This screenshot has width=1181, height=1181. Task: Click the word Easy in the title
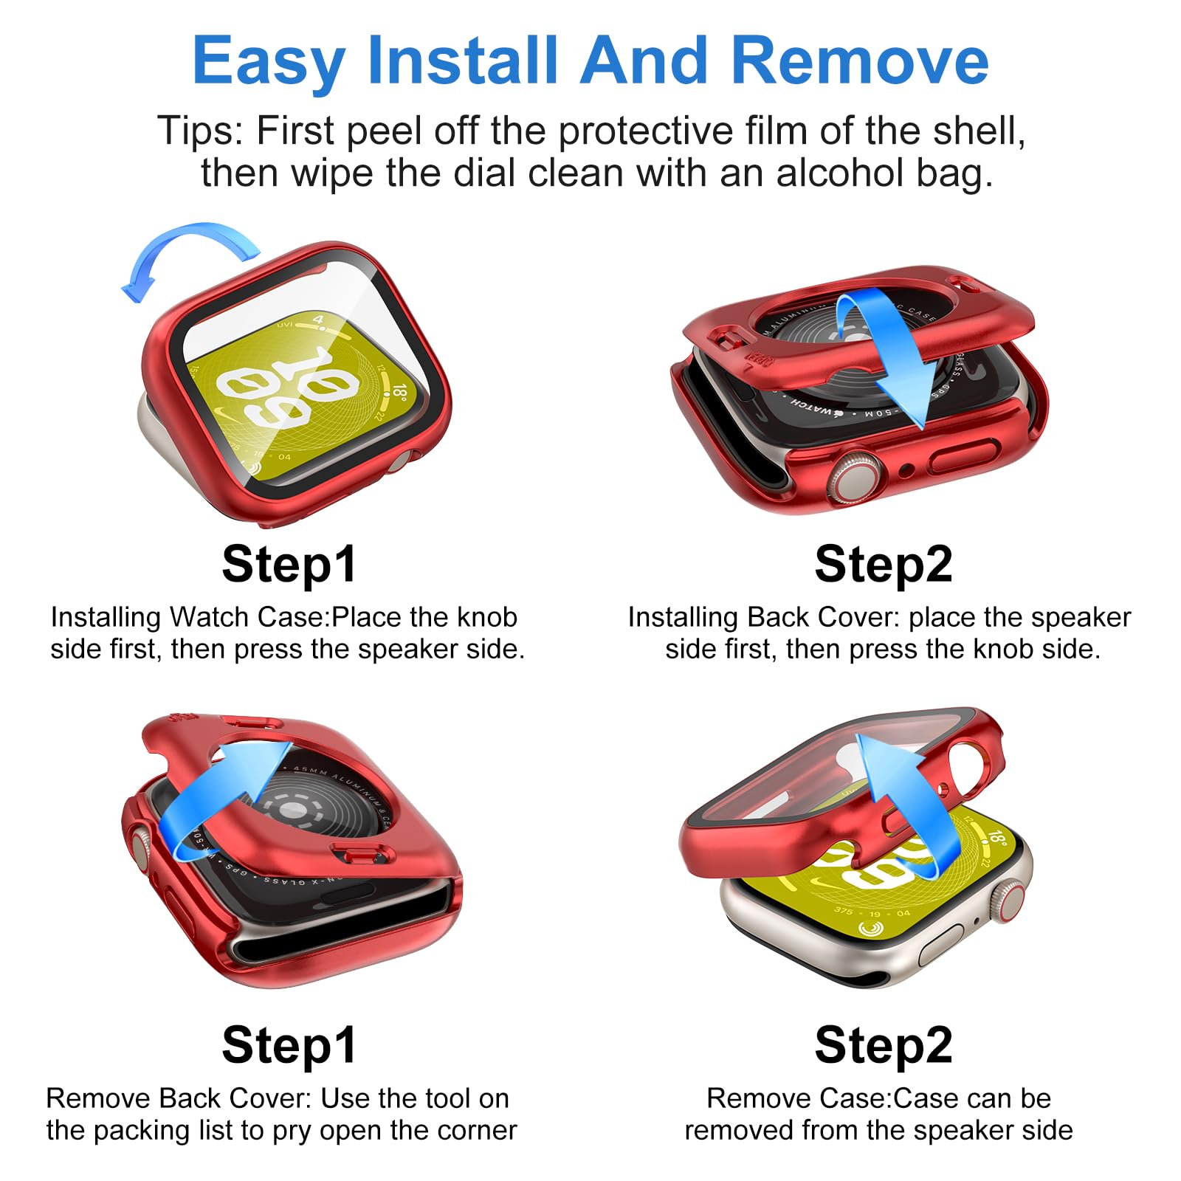click(x=269, y=62)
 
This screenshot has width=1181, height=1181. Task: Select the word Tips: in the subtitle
click(x=200, y=131)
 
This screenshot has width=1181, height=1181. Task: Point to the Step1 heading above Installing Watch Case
click(x=289, y=565)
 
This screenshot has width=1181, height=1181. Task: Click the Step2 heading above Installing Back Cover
click(x=884, y=565)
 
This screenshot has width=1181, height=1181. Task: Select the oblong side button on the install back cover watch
click(x=964, y=457)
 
